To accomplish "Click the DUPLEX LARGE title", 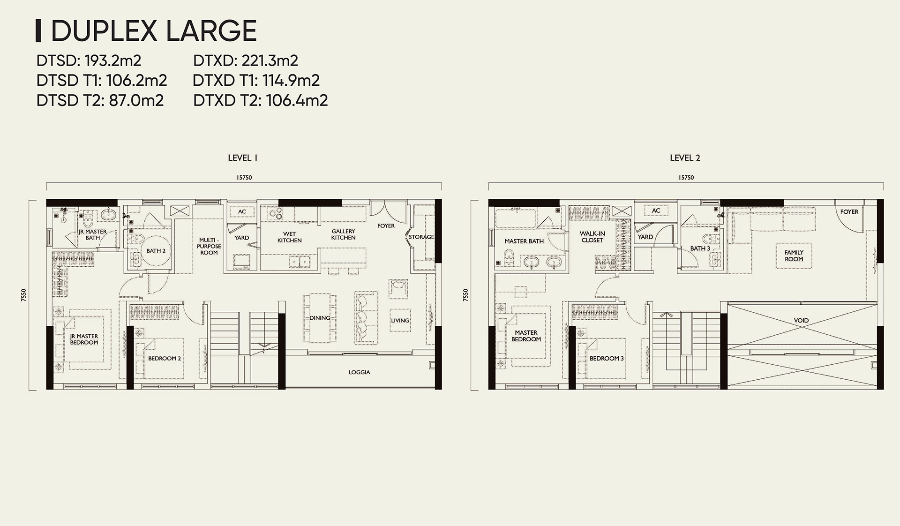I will [153, 31].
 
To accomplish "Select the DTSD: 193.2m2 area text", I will [89, 60].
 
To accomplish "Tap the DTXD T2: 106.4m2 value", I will [260, 100].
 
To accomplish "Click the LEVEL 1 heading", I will [242, 158].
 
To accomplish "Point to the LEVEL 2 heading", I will [685, 158].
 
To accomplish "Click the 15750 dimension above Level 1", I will [244, 178].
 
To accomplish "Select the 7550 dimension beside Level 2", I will [465, 295].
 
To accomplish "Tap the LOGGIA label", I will [359, 372].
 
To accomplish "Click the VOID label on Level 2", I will [801, 321].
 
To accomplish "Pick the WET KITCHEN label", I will [289, 237].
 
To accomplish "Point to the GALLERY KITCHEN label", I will [343, 234].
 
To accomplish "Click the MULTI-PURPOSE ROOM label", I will [209, 246].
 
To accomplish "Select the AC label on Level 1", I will [242, 212].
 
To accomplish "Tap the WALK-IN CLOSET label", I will [592, 237].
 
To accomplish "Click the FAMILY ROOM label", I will [794, 255].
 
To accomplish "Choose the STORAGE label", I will [420, 237].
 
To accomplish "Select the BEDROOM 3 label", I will [607, 359].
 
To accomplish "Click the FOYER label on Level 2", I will [849, 212].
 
